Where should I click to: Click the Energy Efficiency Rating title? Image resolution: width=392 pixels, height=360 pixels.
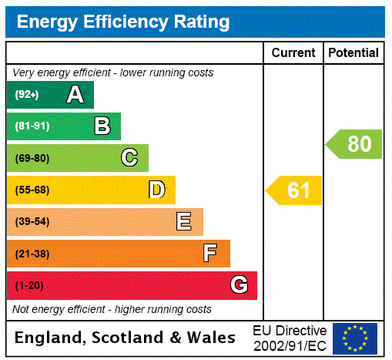123,22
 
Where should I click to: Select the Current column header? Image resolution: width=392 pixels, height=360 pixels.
293,53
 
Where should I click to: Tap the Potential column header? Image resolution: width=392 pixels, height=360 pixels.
353,53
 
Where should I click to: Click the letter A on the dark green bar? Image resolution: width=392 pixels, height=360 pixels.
75,95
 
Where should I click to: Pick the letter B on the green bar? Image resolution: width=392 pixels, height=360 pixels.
102,126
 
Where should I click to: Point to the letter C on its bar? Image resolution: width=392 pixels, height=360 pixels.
129,158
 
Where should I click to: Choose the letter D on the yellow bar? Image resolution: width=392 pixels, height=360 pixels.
157,190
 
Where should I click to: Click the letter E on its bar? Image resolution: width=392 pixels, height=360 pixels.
184,222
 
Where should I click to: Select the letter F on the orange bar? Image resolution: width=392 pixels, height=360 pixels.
210,254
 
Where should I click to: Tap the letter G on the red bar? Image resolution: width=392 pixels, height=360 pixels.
239,285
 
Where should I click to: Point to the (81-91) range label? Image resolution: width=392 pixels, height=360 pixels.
32,126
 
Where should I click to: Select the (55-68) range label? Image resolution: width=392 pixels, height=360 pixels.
32,190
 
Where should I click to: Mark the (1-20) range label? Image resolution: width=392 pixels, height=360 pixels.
29,285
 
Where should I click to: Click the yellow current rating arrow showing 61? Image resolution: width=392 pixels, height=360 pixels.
295,190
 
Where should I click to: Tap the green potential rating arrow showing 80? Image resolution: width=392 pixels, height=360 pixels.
354,144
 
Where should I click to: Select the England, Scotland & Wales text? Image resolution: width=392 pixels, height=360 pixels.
126,338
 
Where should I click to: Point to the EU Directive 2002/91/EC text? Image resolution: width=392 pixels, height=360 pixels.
290,338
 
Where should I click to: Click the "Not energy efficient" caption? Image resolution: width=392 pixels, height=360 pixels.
112,309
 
